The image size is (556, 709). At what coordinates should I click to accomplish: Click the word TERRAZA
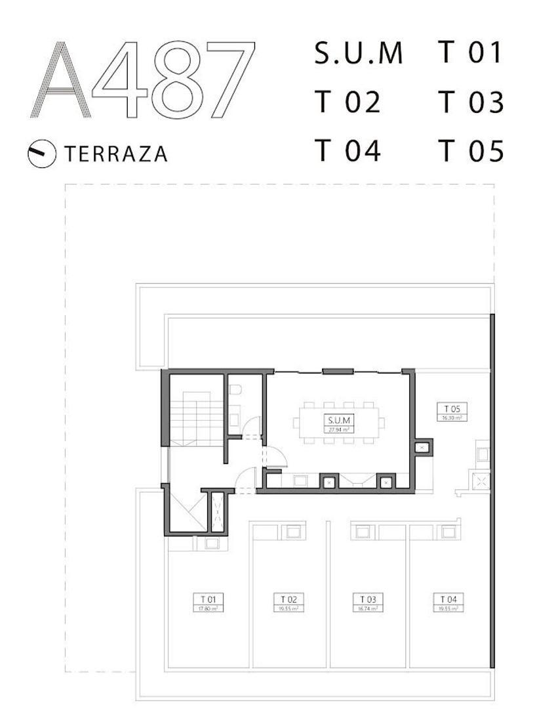pos(115,154)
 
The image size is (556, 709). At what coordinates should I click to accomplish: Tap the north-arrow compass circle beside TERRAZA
pos(41,154)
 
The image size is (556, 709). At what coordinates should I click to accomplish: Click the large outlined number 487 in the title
pos(173,80)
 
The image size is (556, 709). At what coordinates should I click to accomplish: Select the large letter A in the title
pos(60,80)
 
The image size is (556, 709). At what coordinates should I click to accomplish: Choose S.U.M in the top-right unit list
pos(358,54)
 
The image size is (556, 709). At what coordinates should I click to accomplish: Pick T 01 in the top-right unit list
pos(471,53)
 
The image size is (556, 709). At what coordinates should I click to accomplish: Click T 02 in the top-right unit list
pos(347,103)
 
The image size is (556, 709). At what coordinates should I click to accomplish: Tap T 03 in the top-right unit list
pos(471,103)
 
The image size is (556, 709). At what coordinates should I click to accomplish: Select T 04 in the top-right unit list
pos(347,151)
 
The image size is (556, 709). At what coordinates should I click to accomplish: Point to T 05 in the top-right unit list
pos(471,151)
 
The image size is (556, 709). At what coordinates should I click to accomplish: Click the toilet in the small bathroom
pos(235,389)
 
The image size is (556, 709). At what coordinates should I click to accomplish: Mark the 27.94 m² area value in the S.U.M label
pos(338,429)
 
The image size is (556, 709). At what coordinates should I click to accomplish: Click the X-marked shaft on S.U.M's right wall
pos(422,448)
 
